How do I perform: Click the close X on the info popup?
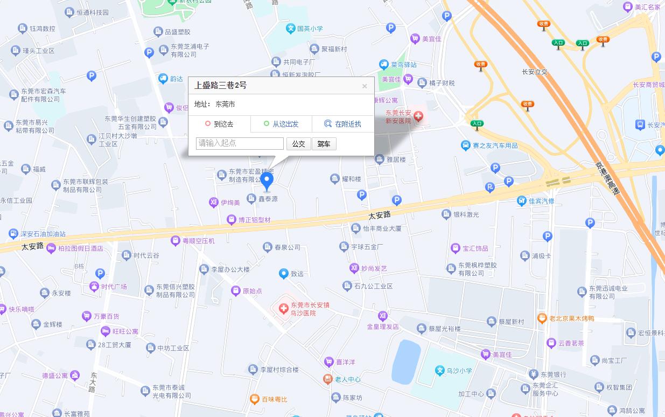(365, 86)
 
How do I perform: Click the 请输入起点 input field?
(240, 143)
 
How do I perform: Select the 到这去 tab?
(219, 124)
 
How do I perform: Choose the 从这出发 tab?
(281, 124)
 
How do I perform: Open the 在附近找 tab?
(343, 124)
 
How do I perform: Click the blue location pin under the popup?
(267, 182)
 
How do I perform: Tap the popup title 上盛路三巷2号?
(220, 85)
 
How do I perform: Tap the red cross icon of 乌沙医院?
(283, 309)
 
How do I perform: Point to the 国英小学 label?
(310, 29)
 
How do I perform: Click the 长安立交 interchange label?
(535, 72)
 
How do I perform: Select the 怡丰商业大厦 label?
(382, 228)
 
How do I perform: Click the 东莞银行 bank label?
(553, 374)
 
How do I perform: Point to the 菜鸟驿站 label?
(403, 65)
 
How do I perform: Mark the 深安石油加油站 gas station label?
(43, 234)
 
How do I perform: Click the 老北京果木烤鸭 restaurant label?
(571, 318)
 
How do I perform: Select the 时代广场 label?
(114, 287)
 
